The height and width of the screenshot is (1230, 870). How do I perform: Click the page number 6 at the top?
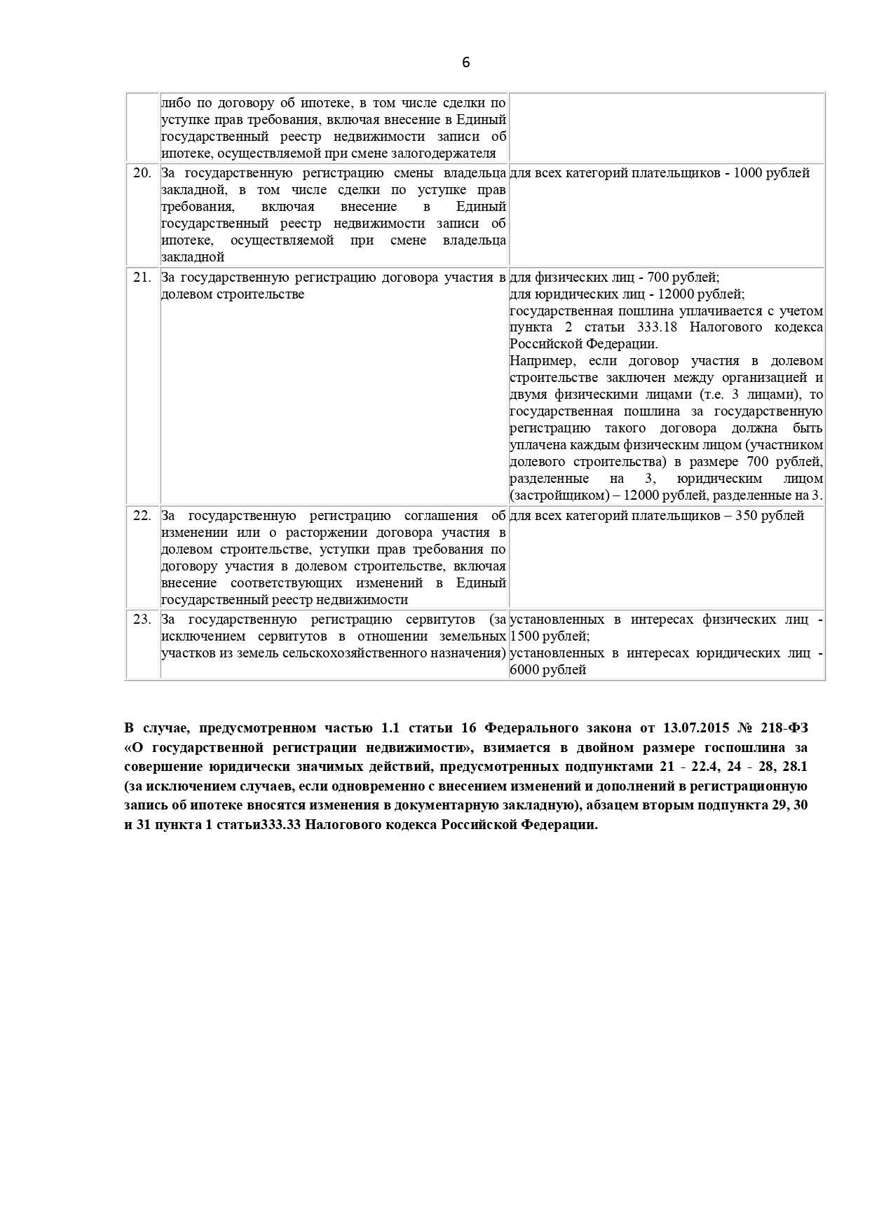(466, 62)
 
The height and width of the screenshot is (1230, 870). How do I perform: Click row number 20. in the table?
(142, 173)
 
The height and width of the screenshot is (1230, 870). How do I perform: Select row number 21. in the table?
(142, 277)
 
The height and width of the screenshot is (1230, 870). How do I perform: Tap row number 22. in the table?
(142, 516)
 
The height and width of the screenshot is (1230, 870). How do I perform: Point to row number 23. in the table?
(142, 620)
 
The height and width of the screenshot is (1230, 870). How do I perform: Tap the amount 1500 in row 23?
(525, 636)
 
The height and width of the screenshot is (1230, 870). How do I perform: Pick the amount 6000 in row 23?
(525, 670)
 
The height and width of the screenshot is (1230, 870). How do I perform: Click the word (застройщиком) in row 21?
(552, 496)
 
